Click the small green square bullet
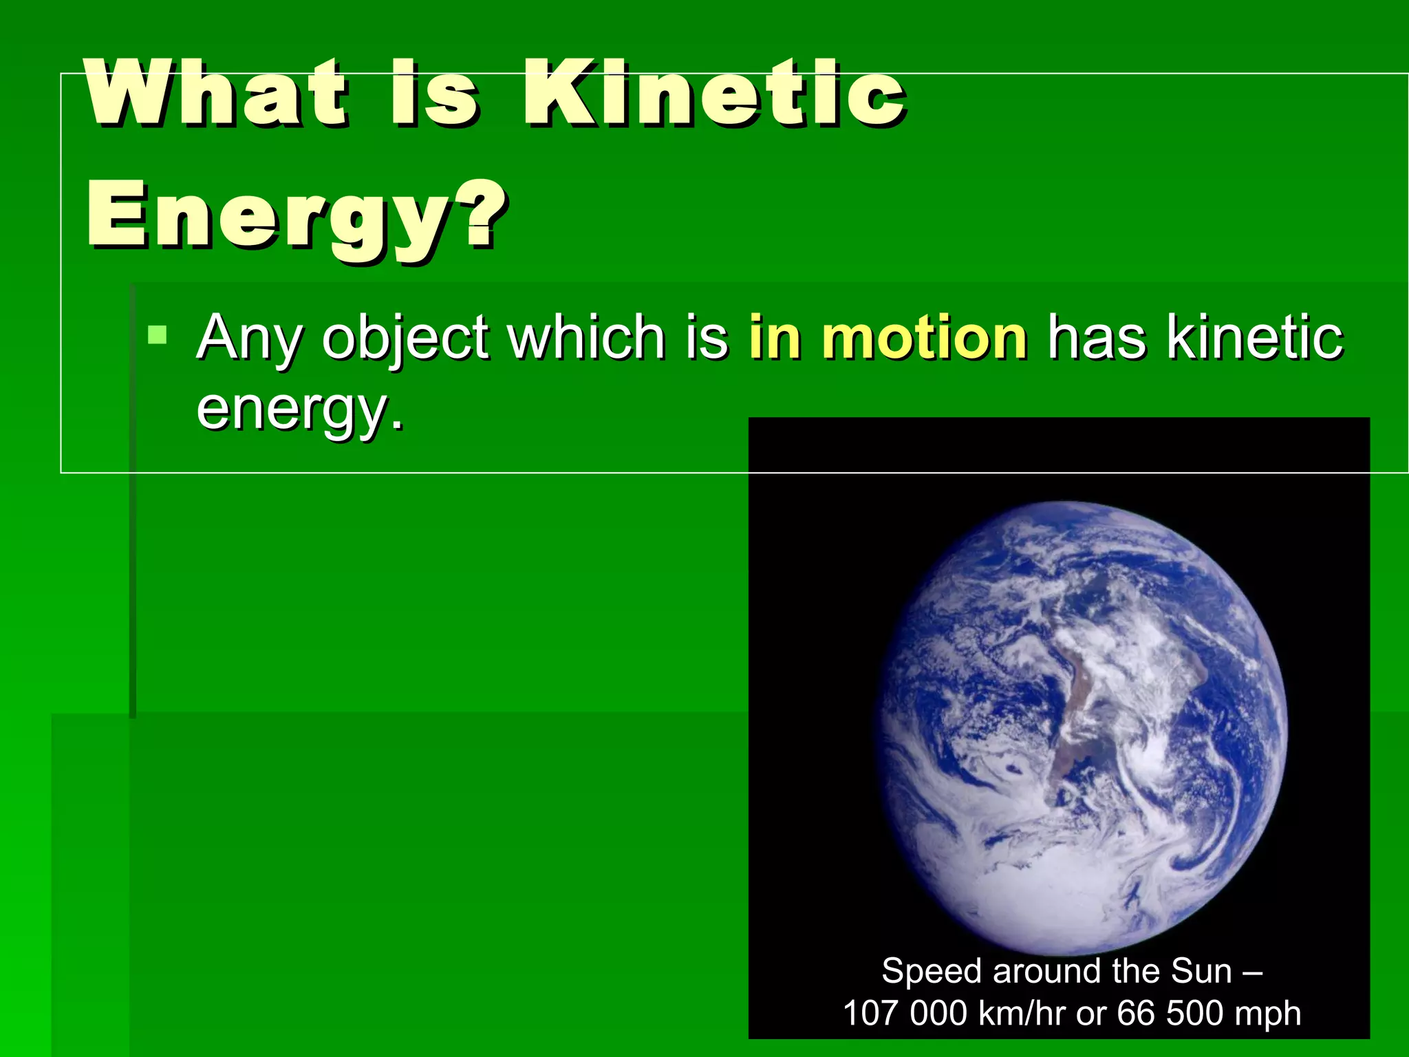pyautogui.click(x=158, y=336)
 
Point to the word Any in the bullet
pyautogui.click(x=249, y=339)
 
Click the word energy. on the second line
pyautogui.click(x=300, y=409)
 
